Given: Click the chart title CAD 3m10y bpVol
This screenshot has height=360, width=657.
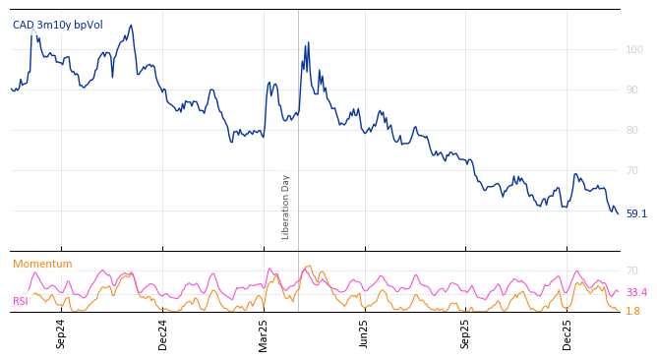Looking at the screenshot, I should point(57,25).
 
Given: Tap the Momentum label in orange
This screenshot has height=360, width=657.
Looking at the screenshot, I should point(42,264).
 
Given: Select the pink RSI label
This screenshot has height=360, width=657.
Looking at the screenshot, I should point(21,301).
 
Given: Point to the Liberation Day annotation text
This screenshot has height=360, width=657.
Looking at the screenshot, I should point(285,207).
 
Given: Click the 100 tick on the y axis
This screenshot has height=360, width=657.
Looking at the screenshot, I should point(634,49).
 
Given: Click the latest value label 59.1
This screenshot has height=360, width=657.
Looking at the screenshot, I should point(636,213).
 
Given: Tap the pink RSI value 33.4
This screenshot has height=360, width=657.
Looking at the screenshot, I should point(636,292).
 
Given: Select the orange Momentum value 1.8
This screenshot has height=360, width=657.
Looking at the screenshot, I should point(632,311).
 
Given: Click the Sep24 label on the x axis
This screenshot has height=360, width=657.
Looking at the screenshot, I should point(61,332).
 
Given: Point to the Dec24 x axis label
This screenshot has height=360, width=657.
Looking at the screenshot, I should point(163,332).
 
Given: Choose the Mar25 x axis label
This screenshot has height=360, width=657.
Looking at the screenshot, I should point(264,332).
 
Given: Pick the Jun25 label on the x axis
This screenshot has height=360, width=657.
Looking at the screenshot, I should point(365,332).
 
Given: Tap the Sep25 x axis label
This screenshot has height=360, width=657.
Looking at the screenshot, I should point(466,332).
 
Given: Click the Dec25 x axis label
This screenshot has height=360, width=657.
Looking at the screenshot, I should point(567,332).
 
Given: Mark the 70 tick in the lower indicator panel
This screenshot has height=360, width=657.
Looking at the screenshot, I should point(632,270).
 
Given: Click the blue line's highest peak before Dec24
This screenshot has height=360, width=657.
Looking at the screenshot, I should point(131,26).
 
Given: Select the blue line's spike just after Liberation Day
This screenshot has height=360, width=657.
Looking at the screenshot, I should point(308,43).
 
